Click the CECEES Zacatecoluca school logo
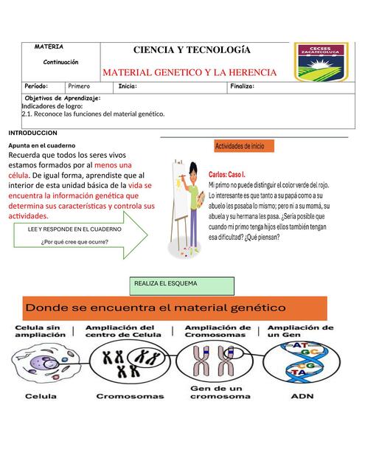321,62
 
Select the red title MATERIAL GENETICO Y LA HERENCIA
190,72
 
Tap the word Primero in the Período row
79,87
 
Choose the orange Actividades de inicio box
243,146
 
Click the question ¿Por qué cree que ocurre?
74,240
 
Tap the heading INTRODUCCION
32,133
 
